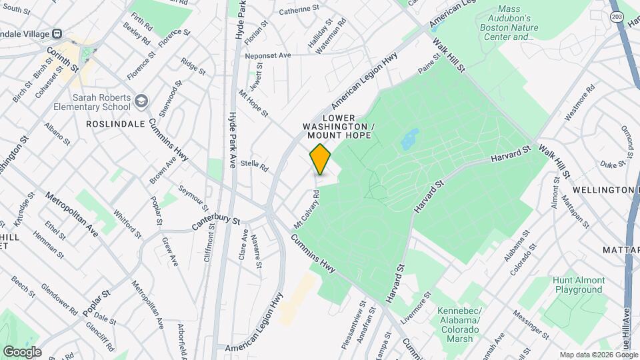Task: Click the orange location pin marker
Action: tap(321, 159)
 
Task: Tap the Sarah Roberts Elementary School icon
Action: tap(141, 101)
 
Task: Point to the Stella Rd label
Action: tap(253, 163)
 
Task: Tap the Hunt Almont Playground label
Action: tap(577, 285)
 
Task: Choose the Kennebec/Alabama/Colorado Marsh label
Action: tap(459, 325)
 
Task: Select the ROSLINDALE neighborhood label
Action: tap(111, 124)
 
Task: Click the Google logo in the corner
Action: tap(22, 351)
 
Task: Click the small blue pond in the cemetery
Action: tap(409, 139)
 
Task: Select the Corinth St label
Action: tap(63, 59)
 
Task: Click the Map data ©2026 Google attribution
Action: tap(598, 355)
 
